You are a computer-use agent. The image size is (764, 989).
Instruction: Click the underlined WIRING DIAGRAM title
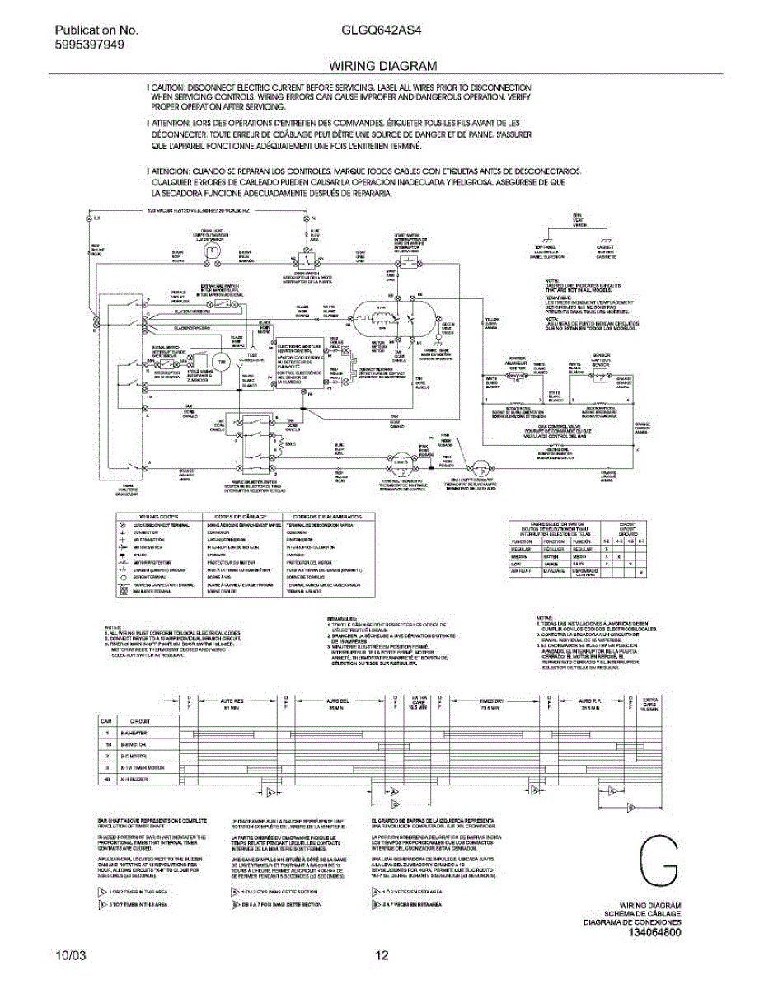[382, 65]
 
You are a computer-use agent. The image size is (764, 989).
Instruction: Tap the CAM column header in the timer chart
[106, 720]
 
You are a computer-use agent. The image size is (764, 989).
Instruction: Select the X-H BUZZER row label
[134, 778]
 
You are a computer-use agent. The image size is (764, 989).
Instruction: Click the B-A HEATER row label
[134, 732]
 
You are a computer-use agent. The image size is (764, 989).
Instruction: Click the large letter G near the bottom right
[659, 865]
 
